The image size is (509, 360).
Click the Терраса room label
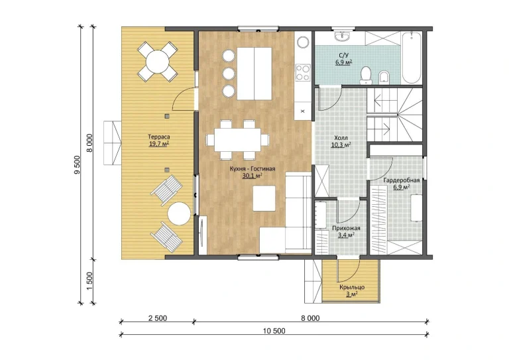pos(159,137)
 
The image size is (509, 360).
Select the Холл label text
pos(341,138)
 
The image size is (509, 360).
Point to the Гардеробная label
pos(402,180)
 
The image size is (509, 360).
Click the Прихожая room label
pos(346,228)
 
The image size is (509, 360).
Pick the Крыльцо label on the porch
pos(352,287)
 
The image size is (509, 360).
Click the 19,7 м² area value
pos(159,144)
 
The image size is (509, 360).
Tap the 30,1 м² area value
pos(253,176)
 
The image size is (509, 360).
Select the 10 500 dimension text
pos(274,331)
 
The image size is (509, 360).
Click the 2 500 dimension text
pos(158,318)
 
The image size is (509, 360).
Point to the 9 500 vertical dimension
pos(77,165)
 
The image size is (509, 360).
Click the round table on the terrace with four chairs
pos(158,62)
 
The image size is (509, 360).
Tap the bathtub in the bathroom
pos(412,58)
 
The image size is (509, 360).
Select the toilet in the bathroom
pos(366,74)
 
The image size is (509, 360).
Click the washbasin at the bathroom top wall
pos(342,36)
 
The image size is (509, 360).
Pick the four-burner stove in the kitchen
pos(303,72)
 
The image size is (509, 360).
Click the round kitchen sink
pos(303,42)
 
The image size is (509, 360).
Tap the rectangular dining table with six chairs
pos(237,140)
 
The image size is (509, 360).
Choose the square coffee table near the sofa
pos(264,198)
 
